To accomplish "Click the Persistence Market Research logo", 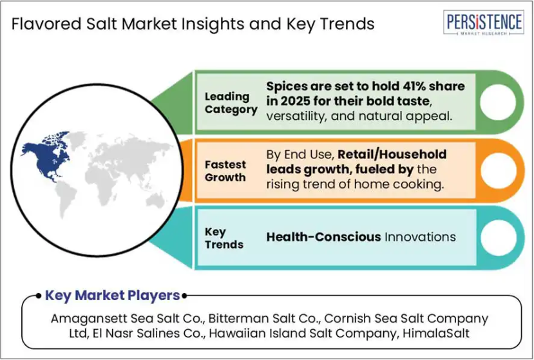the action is [x=483, y=23].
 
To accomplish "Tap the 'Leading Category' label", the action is [x=231, y=103].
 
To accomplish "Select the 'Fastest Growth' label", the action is [x=225, y=171].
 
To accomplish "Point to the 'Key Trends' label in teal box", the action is [x=224, y=238].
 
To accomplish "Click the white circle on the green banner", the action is [x=498, y=102].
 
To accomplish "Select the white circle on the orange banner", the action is [x=498, y=170].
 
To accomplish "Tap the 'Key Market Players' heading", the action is [x=112, y=296].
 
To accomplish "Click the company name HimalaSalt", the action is [x=436, y=333].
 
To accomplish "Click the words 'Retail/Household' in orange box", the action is [x=392, y=155].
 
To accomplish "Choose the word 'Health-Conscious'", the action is [x=323, y=237].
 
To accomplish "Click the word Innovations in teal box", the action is [x=420, y=237].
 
